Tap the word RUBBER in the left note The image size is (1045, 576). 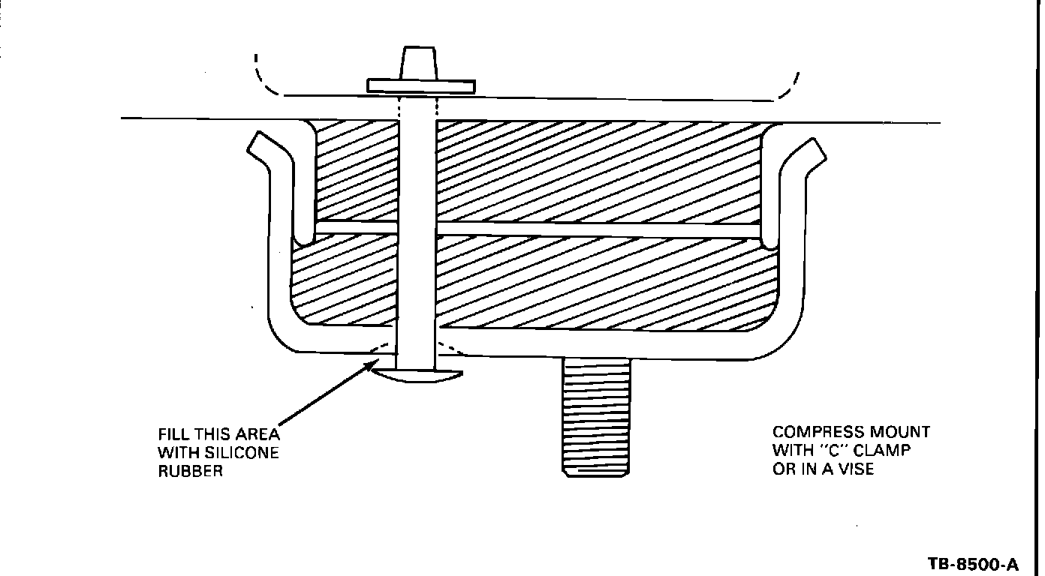coord(190,472)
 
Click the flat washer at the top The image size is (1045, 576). coord(420,86)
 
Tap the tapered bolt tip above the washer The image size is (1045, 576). coord(419,61)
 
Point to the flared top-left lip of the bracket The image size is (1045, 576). coord(259,146)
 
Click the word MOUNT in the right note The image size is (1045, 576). coord(899,432)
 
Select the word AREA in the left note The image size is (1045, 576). coord(260,434)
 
